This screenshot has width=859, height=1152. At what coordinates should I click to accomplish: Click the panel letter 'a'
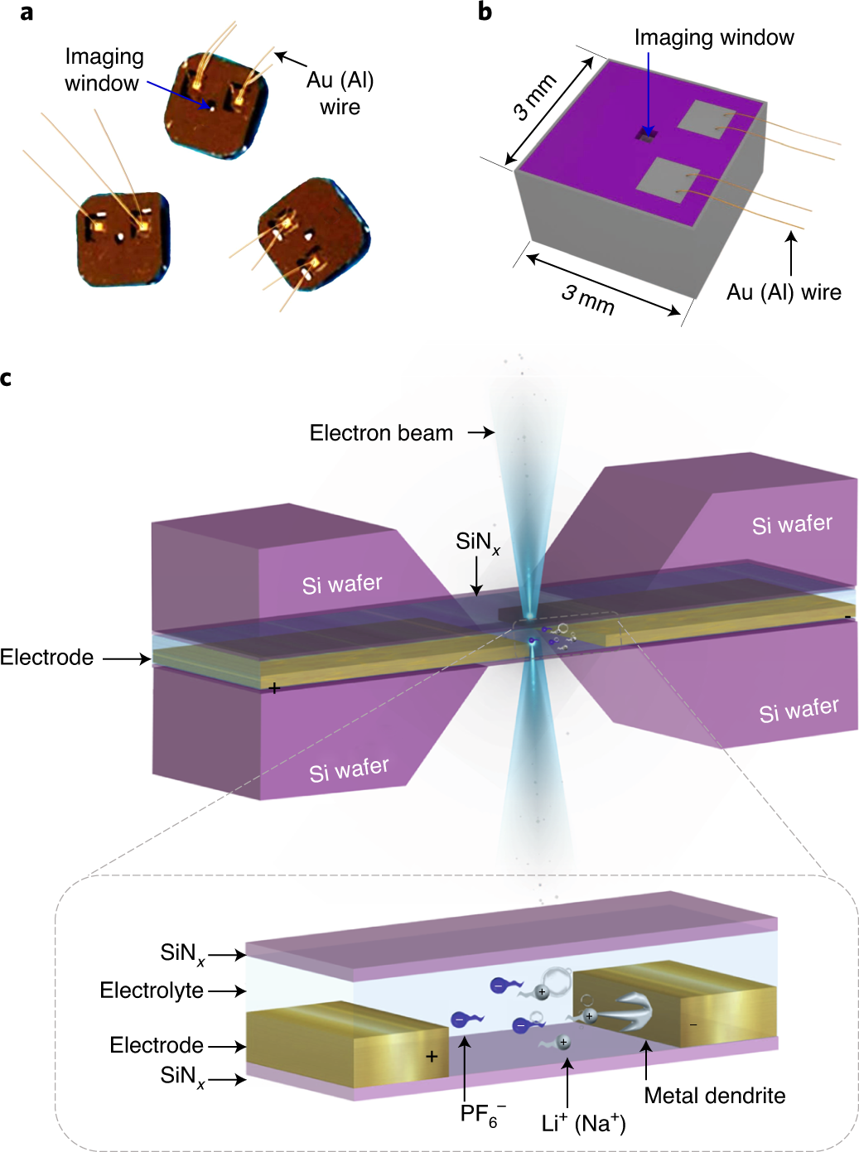27,12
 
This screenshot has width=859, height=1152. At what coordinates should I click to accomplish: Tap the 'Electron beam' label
381,432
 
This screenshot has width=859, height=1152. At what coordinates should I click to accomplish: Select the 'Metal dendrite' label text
714,1096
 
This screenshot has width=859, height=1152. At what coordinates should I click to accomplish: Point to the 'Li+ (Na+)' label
583,1123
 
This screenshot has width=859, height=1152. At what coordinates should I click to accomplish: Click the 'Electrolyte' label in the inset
152,991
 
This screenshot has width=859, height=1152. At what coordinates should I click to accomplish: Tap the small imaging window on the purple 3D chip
646,133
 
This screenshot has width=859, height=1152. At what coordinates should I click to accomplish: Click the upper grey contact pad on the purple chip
707,119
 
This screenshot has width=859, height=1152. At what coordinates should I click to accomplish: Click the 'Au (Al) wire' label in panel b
784,292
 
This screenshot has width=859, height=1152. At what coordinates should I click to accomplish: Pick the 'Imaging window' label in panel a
104,70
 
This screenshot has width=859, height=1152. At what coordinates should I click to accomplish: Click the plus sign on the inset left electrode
432,1057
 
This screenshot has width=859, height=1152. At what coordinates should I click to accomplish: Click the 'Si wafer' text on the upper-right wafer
792,524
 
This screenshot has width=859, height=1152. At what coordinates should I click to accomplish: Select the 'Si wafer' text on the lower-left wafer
349,770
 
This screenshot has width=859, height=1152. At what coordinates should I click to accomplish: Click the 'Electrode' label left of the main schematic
47,658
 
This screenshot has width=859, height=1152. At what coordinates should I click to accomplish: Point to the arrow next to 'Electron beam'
480,432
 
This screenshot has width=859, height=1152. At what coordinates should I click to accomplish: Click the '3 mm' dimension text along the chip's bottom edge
588,299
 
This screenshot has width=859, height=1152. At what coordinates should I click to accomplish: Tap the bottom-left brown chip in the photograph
123,239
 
